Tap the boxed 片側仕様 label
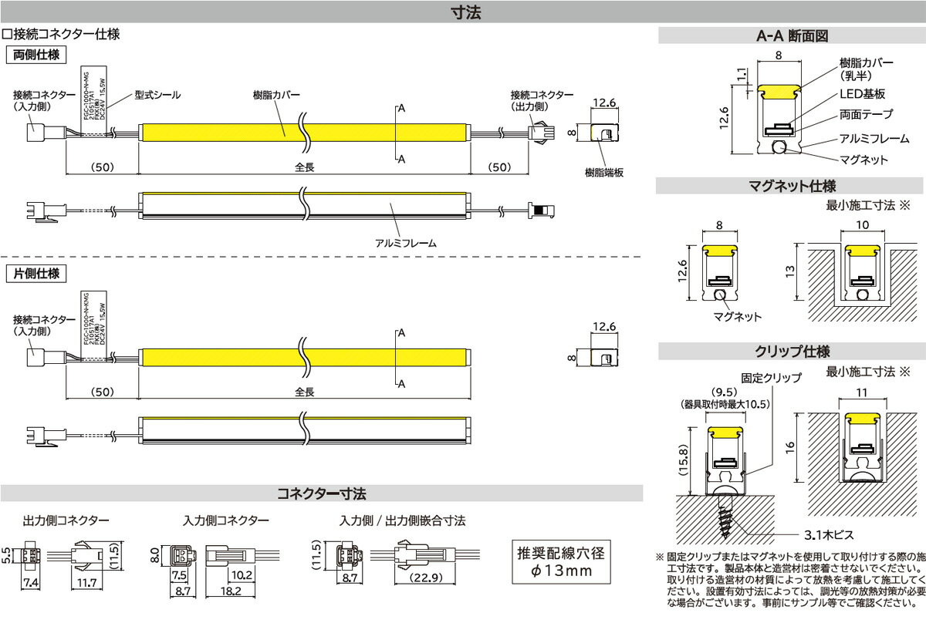click(x=35, y=273)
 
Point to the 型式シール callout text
click(x=157, y=95)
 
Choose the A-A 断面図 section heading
click(x=792, y=35)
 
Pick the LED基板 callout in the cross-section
click(x=862, y=93)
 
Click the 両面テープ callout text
click(x=866, y=114)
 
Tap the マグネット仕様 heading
click(x=792, y=186)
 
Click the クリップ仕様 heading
click(x=792, y=352)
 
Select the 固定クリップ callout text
click(x=771, y=379)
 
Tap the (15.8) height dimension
click(x=682, y=460)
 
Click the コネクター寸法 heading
click(x=321, y=493)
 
